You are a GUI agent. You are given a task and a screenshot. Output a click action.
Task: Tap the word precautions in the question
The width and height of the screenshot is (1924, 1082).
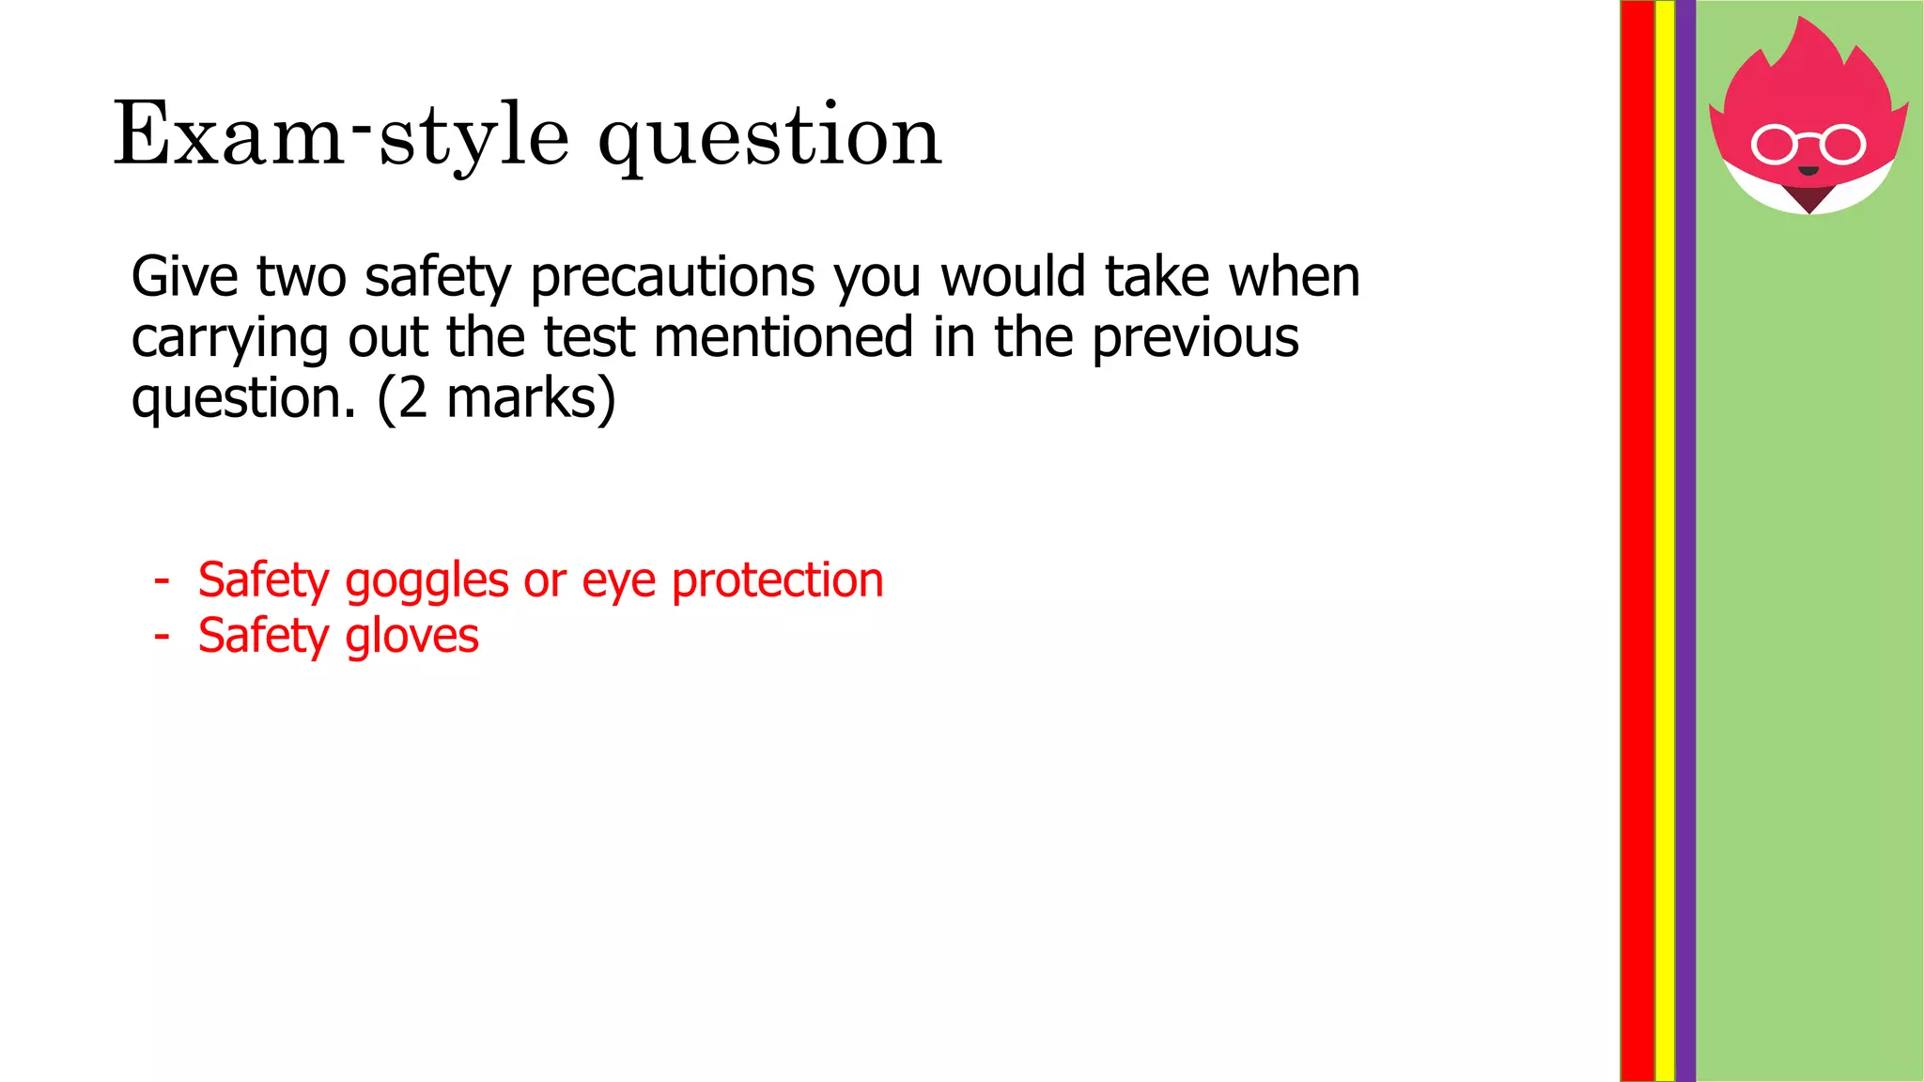click(674, 278)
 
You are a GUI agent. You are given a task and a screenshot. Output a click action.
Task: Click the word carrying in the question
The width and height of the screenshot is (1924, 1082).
click(229, 339)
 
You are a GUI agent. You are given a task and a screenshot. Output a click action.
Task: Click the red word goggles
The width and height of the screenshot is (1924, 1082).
click(427, 581)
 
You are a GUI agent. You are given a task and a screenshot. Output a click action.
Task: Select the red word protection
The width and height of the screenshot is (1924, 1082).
click(778, 581)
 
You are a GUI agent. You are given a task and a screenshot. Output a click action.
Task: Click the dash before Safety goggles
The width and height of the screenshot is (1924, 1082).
click(162, 580)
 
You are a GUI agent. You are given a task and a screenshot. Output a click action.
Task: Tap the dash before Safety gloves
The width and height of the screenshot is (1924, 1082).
click(162, 636)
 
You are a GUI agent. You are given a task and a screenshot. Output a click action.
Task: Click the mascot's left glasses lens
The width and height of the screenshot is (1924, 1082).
click(1774, 145)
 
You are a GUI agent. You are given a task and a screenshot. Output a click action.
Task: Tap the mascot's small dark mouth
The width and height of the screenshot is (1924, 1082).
click(1808, 171)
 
